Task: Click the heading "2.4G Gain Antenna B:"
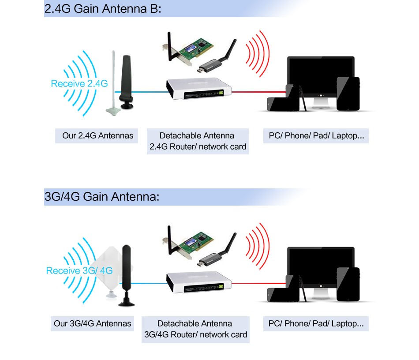(103, 9)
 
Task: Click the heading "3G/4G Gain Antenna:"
(101, 197)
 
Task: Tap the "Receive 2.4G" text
(79, 83)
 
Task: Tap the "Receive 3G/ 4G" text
(79, 270)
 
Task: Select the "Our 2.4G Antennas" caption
(97, 135)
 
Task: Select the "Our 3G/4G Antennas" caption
(93, 323)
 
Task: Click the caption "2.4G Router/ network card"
(198, 146)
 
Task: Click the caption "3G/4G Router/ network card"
(196, 335)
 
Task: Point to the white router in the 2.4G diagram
(198, 89)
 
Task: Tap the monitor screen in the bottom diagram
(321, 265)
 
